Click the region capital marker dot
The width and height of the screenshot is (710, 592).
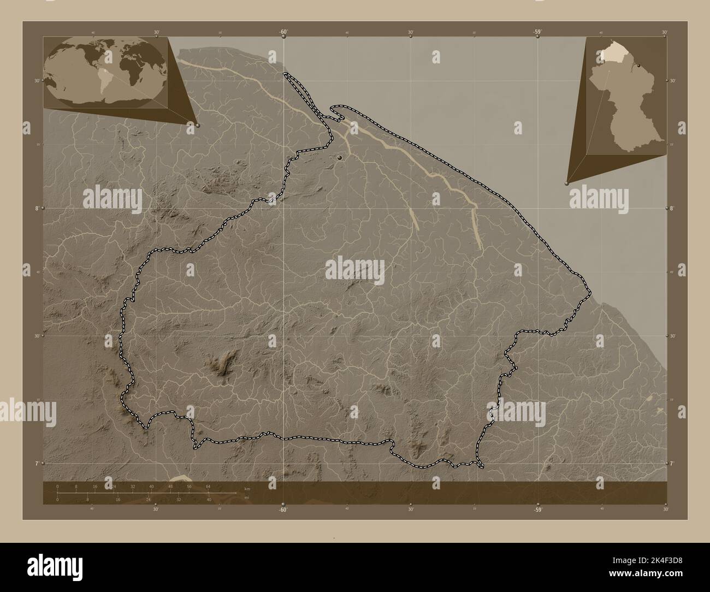[340, 157]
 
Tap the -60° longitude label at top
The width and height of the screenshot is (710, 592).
[283, 32]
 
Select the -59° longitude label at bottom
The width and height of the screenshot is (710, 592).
[537, 509]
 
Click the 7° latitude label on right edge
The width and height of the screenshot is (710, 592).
[672, 463]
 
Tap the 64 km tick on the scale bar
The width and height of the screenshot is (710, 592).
[208, 486]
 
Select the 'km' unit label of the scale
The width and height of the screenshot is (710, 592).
[247, 489]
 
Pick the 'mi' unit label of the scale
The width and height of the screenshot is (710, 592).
[247, 497]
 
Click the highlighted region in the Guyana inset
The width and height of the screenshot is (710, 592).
[611, 55]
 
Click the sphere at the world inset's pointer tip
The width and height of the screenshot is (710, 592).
[197, 125]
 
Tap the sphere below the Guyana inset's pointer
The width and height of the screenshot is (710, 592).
[567, 185]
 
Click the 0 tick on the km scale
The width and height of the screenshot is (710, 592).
[57, 486]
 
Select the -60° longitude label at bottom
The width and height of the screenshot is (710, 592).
[283, 509]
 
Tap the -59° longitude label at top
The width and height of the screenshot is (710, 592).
[537, 32]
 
